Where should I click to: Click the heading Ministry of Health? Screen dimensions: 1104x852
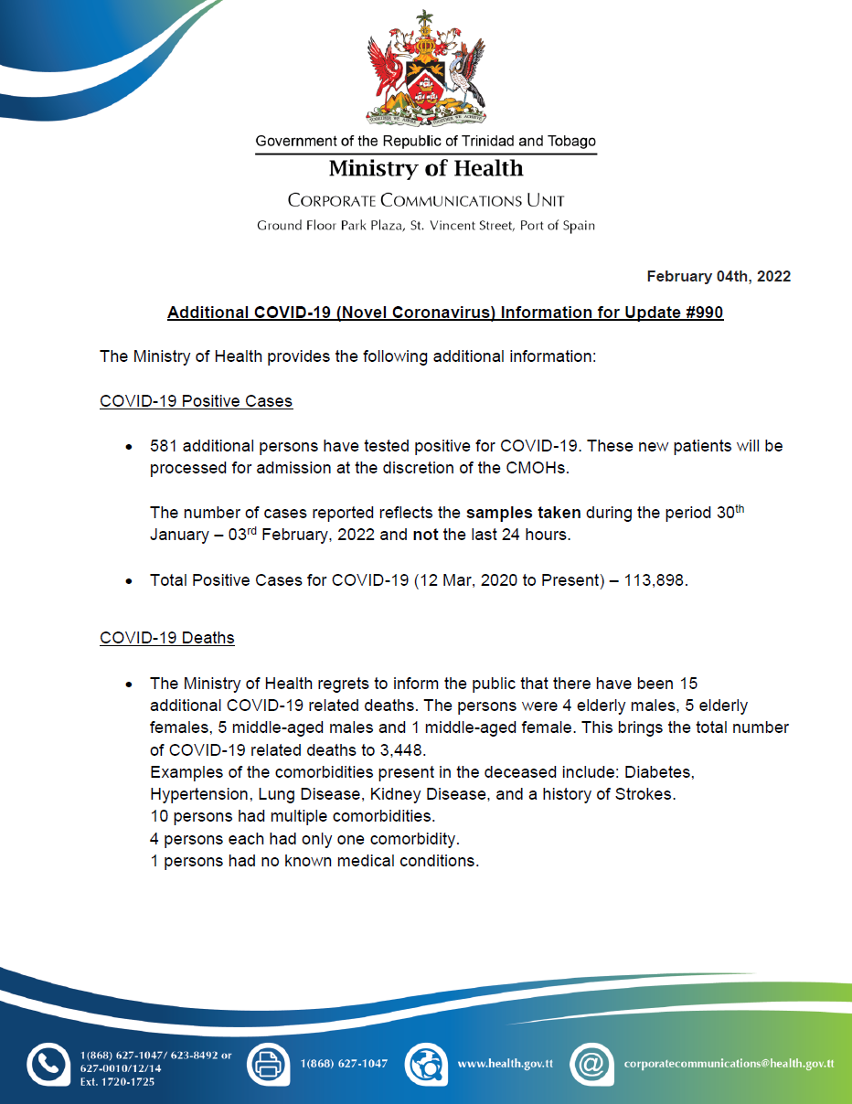426,169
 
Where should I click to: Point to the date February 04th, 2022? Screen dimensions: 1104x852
719,276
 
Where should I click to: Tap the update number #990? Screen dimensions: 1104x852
700,313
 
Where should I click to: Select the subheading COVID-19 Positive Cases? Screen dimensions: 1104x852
196,401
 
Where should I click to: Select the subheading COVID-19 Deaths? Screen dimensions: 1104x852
166,637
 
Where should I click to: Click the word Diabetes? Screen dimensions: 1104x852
662,772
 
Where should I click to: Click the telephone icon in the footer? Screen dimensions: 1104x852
47,1065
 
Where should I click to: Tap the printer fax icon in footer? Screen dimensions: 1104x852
268,1064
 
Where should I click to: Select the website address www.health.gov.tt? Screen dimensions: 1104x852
505,1064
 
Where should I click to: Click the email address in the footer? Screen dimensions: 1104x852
729,1064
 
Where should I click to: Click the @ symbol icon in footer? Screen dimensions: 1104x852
591,1064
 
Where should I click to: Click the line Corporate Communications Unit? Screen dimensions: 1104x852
426,200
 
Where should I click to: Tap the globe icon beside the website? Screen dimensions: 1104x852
425,1064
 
